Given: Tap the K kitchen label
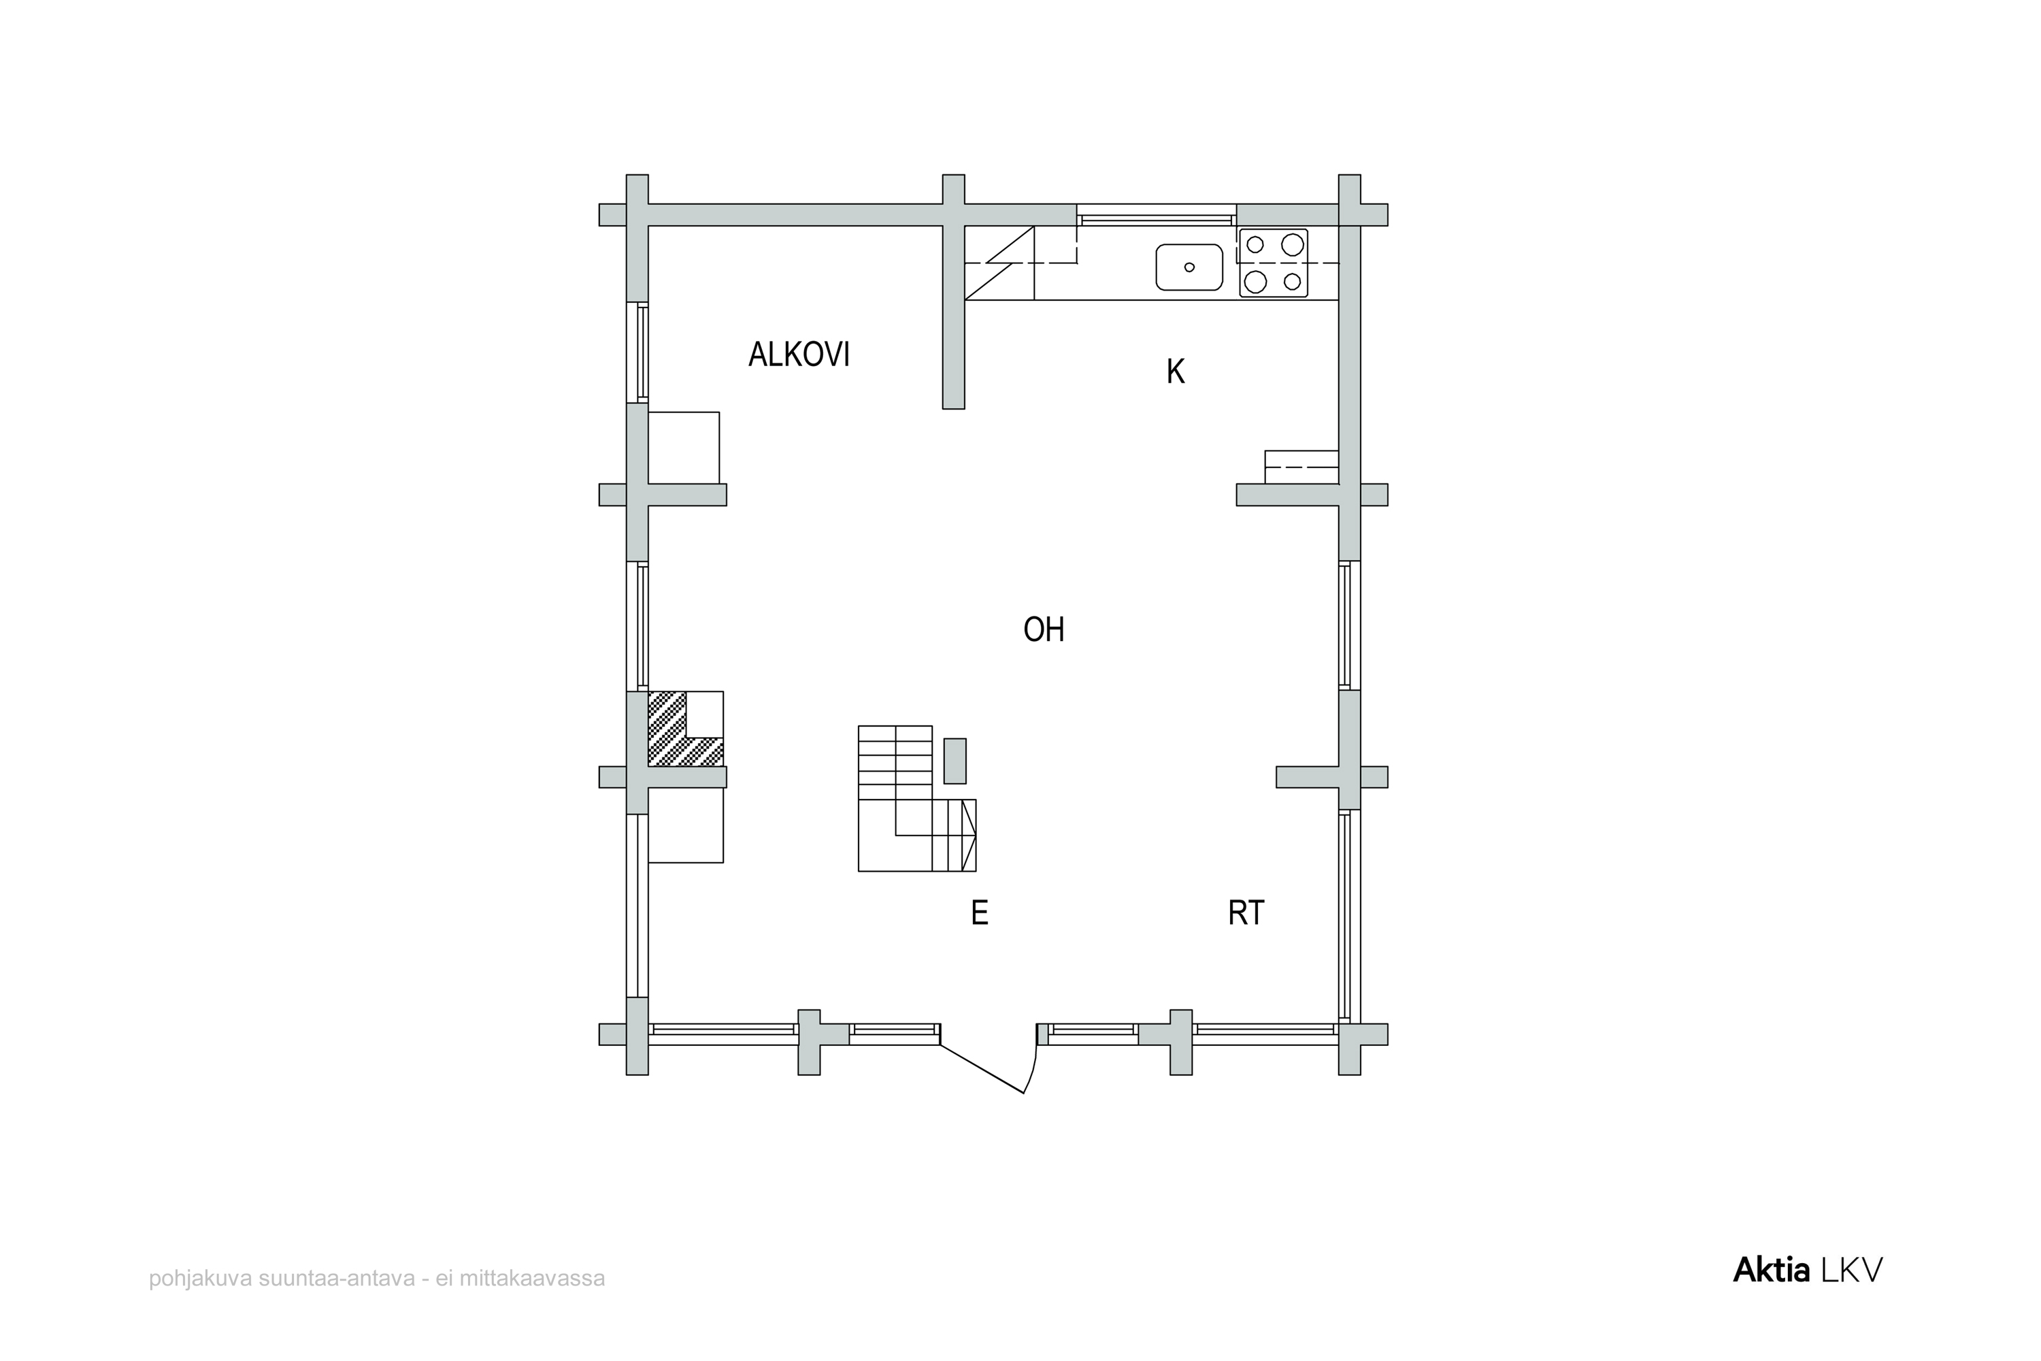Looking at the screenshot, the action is click(x=1175, y=372).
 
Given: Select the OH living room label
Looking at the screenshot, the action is click(x=1043, y=629).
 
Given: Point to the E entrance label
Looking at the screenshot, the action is click(x=980, y=913).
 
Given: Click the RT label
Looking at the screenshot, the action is click(x=1246, y=913).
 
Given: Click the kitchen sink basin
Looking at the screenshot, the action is click(x=1189, y=267).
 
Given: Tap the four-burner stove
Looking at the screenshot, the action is click(x=1274, y=263).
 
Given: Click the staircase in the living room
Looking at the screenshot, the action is click(x=916, y=798).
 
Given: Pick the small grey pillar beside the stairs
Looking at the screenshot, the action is click(x=955, y=761).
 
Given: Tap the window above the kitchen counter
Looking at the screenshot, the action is click(x=1157, y=215).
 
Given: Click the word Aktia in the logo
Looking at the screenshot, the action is click(x=1771, y=1270).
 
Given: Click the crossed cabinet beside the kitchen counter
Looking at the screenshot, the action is click(x=999, y=263).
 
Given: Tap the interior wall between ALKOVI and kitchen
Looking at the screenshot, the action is click(x=954, y=318).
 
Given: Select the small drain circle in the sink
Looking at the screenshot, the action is click(x=1189, y=267).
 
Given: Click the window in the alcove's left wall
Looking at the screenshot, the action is click(x=638, y=352).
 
